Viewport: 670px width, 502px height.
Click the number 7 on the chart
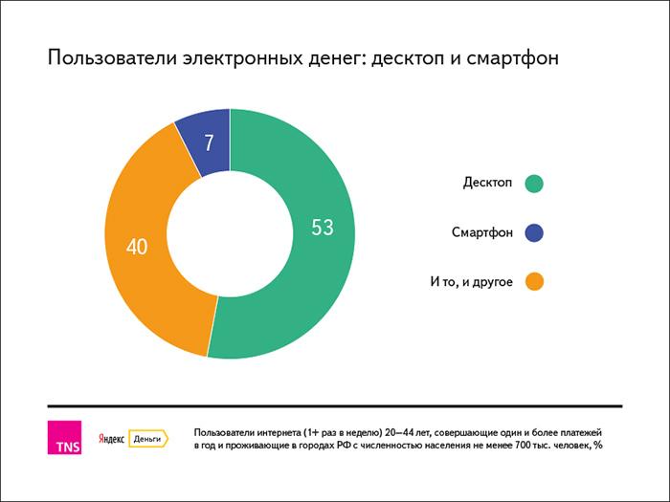pos(209,143)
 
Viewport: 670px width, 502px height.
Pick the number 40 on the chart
pos(137,247)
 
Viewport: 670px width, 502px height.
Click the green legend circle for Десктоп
pos(534,183)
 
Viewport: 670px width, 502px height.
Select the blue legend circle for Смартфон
pos(534,232)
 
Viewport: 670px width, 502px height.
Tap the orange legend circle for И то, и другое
pos(534,281)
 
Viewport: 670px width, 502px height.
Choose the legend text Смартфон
pos(482,232)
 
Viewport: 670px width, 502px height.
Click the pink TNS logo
pos(64,438)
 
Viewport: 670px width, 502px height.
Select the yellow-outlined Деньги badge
pos(147,438)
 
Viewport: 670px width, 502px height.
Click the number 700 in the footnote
pos(506,446)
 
